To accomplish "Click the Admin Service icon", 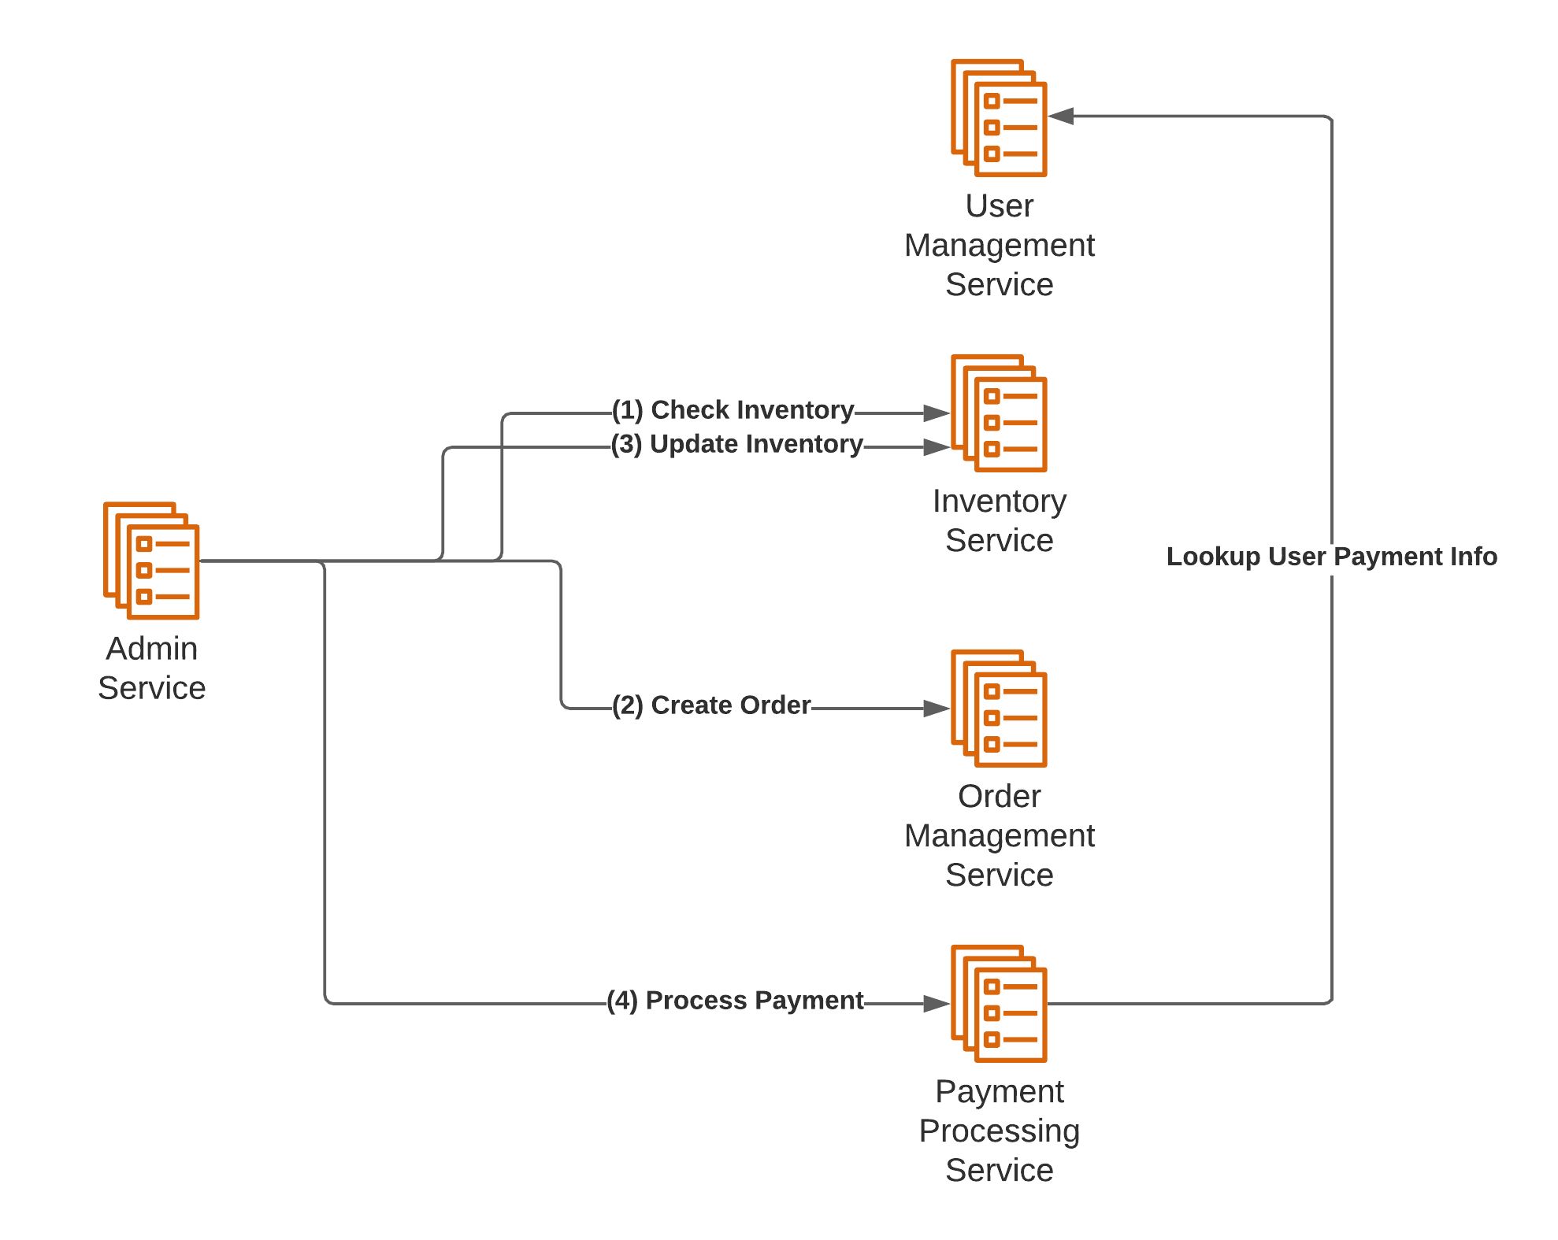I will coord(151,561).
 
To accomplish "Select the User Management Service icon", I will coord(999,118).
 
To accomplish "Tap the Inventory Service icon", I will coord(999,413).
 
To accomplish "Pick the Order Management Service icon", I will coord(999,709).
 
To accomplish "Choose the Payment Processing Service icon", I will coord(999,1004).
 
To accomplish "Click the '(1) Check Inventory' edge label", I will coord(733,410).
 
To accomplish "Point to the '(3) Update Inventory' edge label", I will coord(737,444).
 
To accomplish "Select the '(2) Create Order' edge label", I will coord(711,705).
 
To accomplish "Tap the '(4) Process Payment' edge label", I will coord(735,1001).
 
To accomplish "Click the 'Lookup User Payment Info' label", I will coord(1331,557).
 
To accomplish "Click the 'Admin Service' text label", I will coord(152,668).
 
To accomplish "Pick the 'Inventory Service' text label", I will coord(999,521).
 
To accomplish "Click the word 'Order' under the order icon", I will coord(999,797).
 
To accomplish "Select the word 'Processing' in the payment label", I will coord(999,1131).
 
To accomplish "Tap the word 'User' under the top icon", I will coord(999,206).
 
